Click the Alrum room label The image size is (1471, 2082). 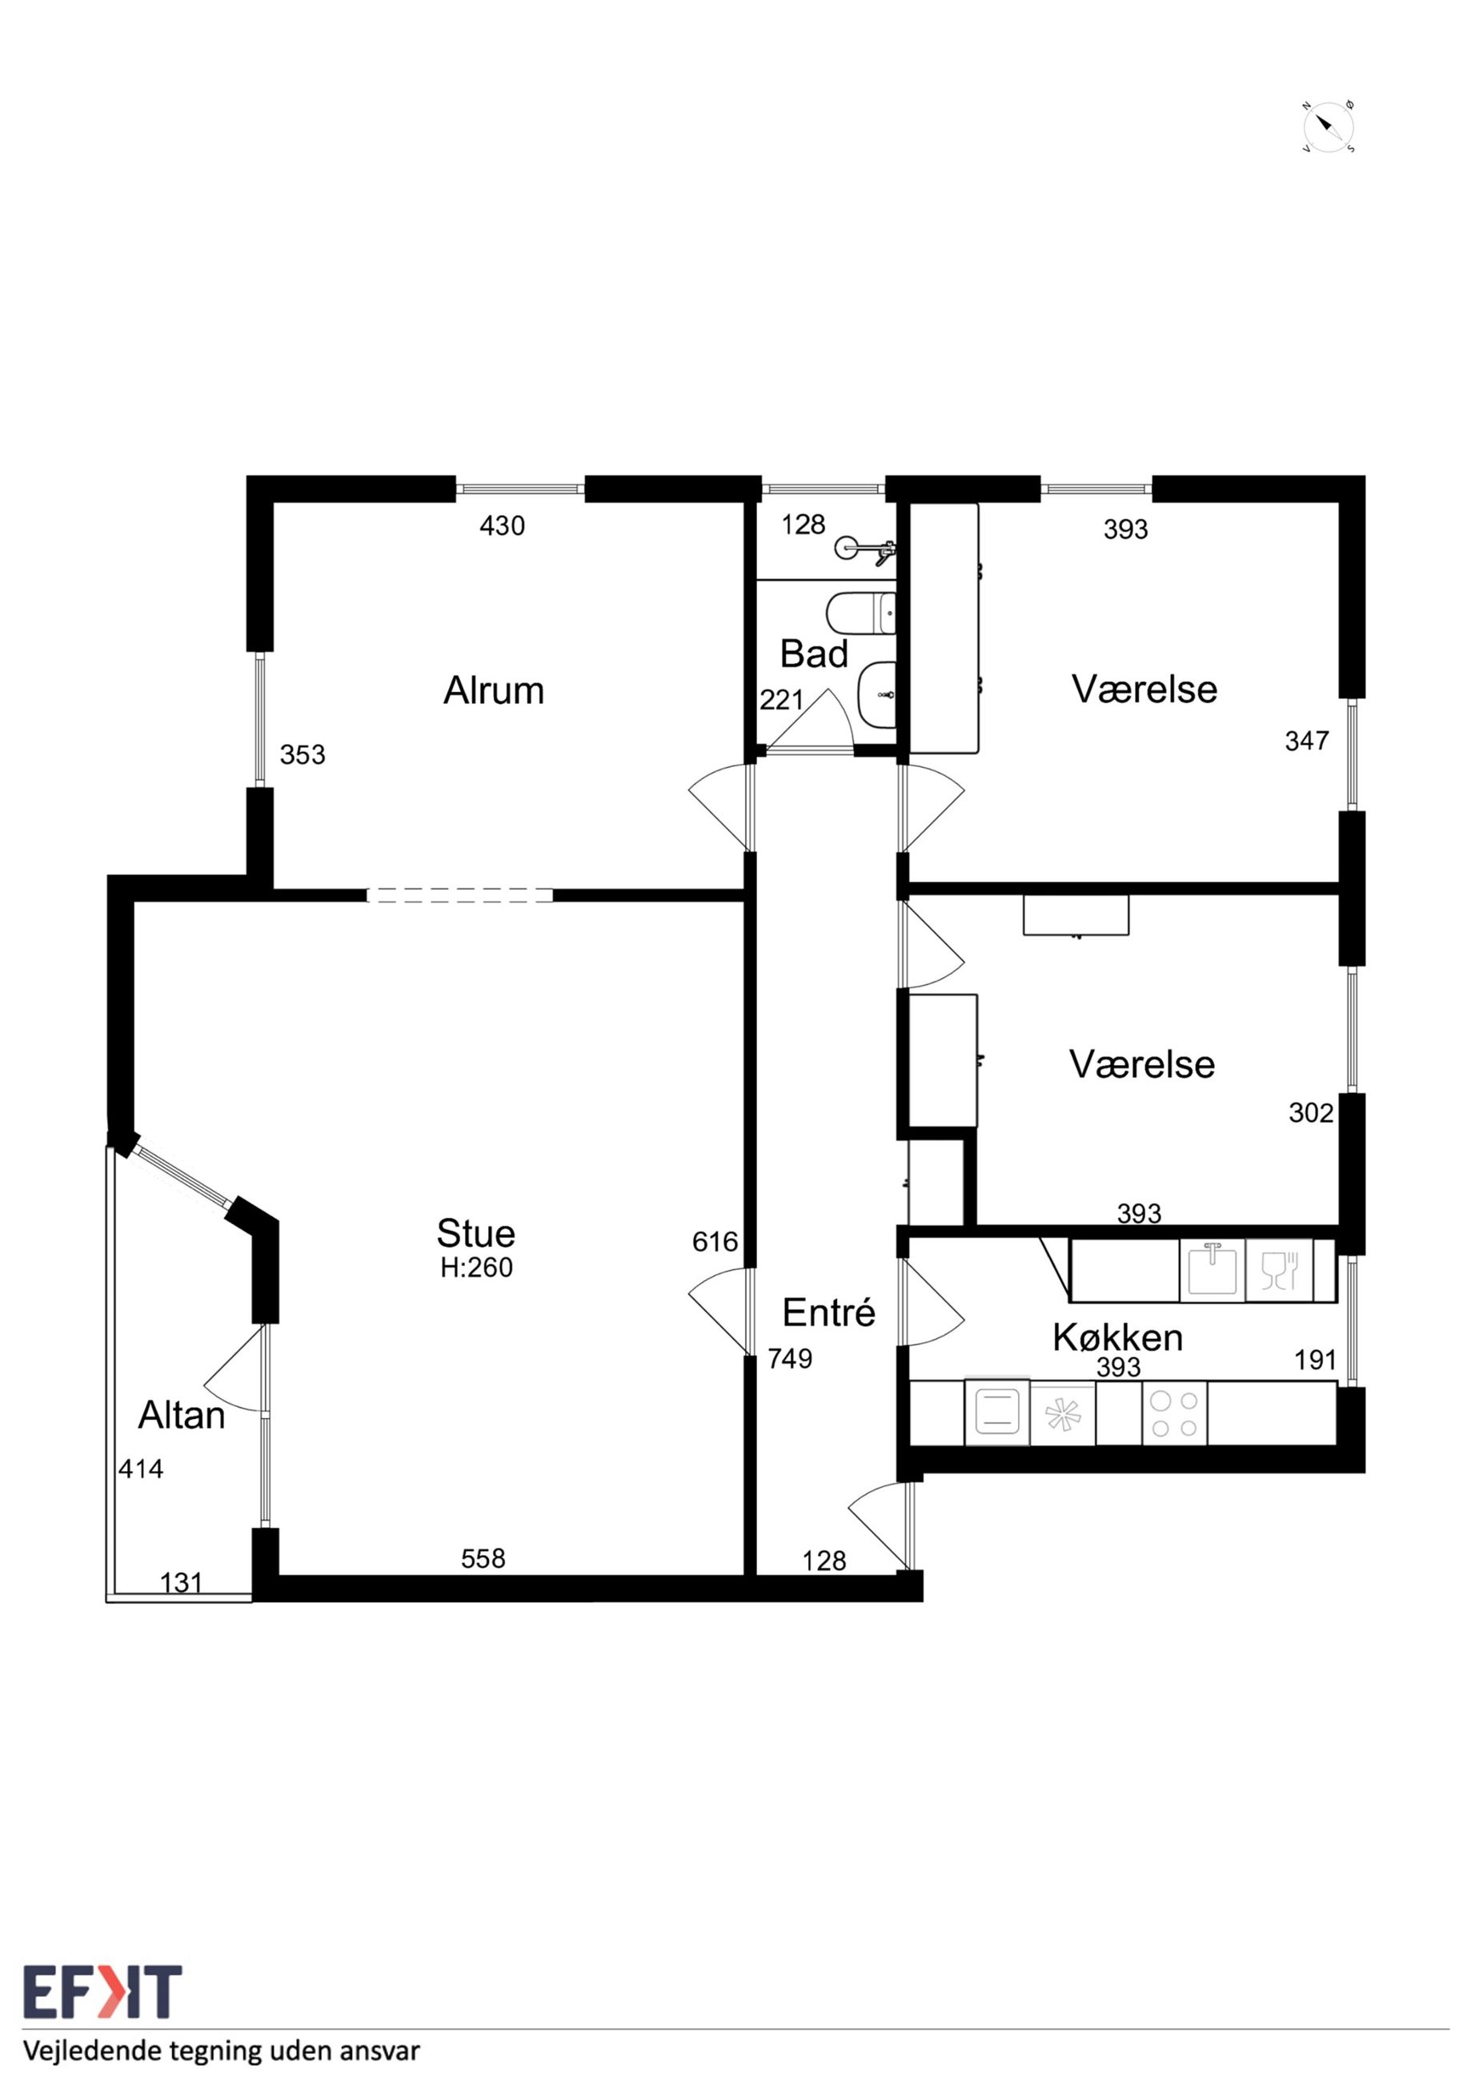click(493, 691)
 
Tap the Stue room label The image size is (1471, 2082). click(476, 1233)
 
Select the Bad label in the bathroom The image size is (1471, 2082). click(814, 653)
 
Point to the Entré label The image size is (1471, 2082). click(828, 1312)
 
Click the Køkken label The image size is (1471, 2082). click(1117, 1337)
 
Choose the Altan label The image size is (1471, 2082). click(181, 1416)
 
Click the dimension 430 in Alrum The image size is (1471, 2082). click(502, 526)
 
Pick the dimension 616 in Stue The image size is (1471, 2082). click(715, 1241)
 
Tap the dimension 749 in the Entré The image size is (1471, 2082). click(791, 1358)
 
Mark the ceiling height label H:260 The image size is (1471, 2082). click(477, 1268)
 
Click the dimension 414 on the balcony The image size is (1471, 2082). click(142, 1469)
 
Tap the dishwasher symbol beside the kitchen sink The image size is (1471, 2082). click(1279, 1269)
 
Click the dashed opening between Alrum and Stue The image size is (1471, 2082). click(459, 895)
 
